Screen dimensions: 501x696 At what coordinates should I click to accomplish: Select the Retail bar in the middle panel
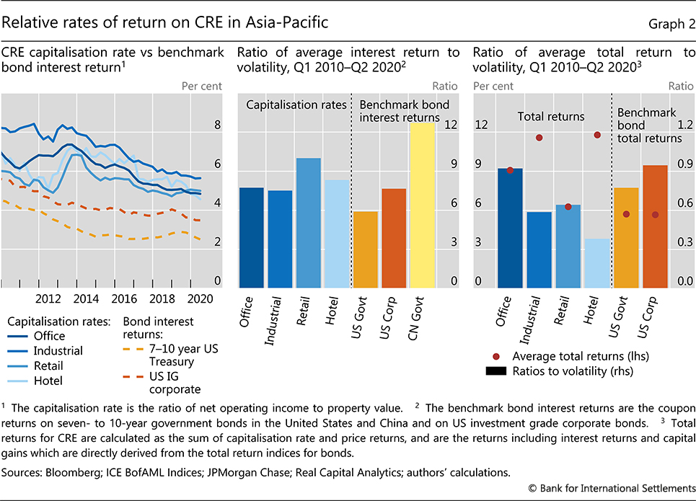[x=309, y=223]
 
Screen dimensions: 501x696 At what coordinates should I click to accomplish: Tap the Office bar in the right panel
[x=510, y=228]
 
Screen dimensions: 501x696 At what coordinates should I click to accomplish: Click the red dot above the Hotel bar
[x=597, y=135]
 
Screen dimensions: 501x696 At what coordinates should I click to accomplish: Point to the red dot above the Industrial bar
[x=539, y=138]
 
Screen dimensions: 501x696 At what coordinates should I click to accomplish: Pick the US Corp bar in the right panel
[x=655, y=226]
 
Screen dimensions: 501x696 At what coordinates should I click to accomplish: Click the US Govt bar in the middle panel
[x=366, y=249]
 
